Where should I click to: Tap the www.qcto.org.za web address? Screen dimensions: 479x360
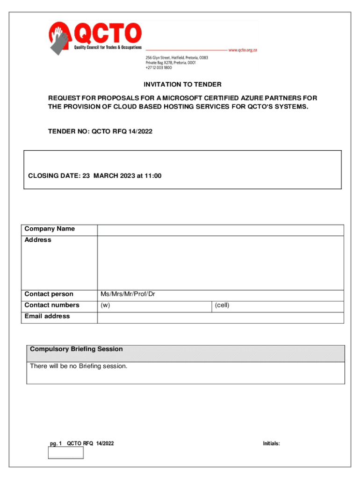[243, 50]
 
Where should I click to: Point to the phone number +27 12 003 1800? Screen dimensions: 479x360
[158, 68]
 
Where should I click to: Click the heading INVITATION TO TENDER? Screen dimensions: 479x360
[182, 85]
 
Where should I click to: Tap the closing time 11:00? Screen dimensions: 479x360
[153, 176]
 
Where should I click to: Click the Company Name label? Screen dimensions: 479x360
[50, 229]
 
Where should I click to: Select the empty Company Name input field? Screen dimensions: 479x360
[220, 230]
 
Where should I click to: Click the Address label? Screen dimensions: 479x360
[38, 240]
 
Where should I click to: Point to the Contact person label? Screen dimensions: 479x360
[49, 294]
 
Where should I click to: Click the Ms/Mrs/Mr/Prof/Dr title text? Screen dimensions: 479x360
[128, 294]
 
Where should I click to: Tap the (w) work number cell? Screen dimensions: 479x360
[154, 306]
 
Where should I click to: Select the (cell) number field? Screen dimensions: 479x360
[278, 306]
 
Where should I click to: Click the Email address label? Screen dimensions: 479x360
[47, 317]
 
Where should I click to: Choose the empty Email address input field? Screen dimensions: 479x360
[220, 318]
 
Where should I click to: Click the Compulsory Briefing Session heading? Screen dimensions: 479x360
[76, 349]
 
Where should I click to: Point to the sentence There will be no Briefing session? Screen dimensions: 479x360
[79, 366]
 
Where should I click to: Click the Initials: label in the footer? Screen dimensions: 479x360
[271, 443]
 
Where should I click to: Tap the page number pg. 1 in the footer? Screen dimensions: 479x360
[56, 443]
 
